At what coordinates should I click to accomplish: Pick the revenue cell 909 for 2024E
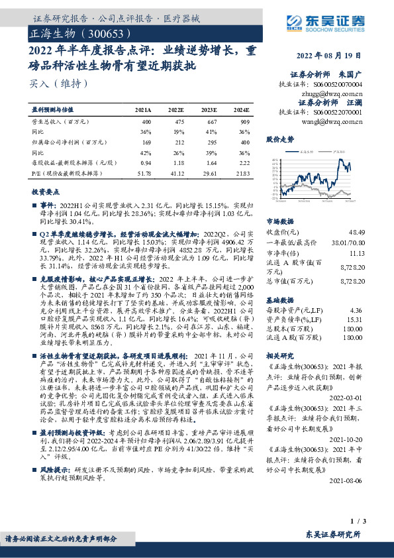click(245, 122)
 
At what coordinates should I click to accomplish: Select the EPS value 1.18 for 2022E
click(177, 162)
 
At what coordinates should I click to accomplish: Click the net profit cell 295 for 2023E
click(211, 142)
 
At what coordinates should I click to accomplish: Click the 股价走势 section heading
click(279, 140)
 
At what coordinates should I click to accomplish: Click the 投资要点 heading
click(46, 191)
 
